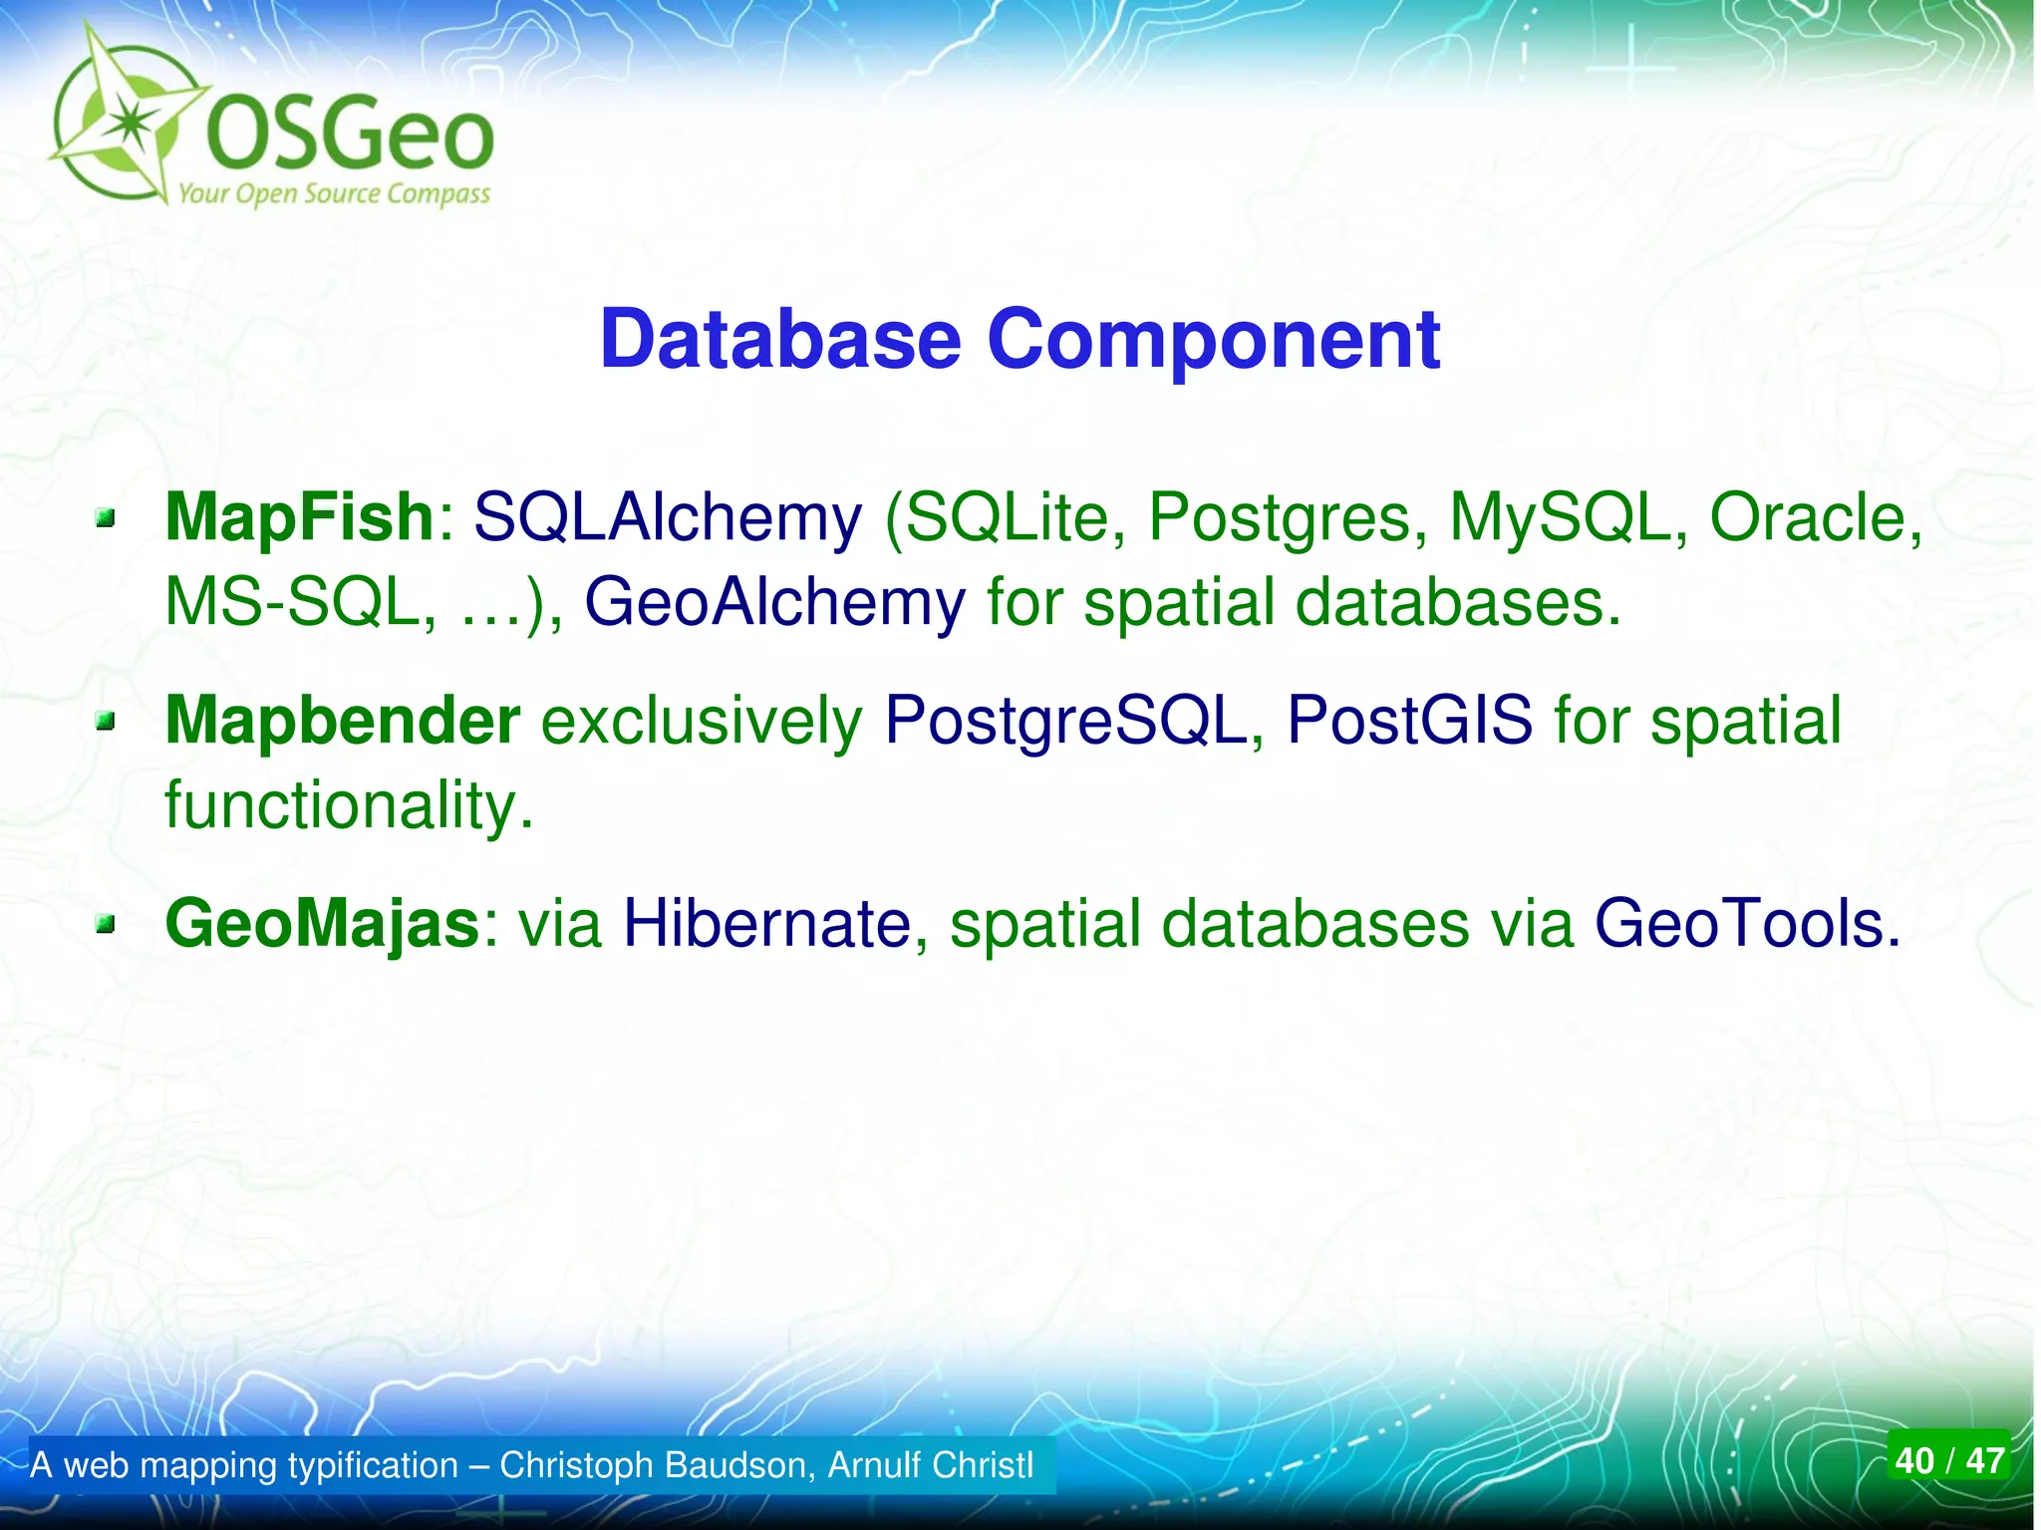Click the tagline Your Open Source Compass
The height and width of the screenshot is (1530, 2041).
[x=334, y=193]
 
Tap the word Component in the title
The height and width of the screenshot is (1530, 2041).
[x=1213, y=340]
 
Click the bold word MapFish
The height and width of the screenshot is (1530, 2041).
[x=299, y=517]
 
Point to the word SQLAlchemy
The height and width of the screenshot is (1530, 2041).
[x=667, y=517]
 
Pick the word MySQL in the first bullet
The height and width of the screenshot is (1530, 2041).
[x=1560, y=517]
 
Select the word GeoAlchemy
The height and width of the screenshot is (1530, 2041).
[x=774, y=603]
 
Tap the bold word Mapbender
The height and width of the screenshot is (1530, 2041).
[x=342, y=720]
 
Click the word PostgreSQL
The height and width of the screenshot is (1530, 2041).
[x=1065, y=720]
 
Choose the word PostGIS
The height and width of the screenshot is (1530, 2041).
[x=1409, y=720]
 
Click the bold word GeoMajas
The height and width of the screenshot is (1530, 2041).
[x=323, y=923]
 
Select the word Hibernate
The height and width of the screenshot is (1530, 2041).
[x=766, y=923]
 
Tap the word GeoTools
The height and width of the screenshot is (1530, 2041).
[x=1739, y=923]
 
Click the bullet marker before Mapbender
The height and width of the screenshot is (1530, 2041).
[x=106, y=722]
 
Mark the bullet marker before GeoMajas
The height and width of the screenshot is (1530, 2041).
[x=106, y=926]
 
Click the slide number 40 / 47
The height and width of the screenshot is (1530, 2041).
[x=1948, y=1460]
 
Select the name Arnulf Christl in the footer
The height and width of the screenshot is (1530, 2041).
[x=931, y=1465]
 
